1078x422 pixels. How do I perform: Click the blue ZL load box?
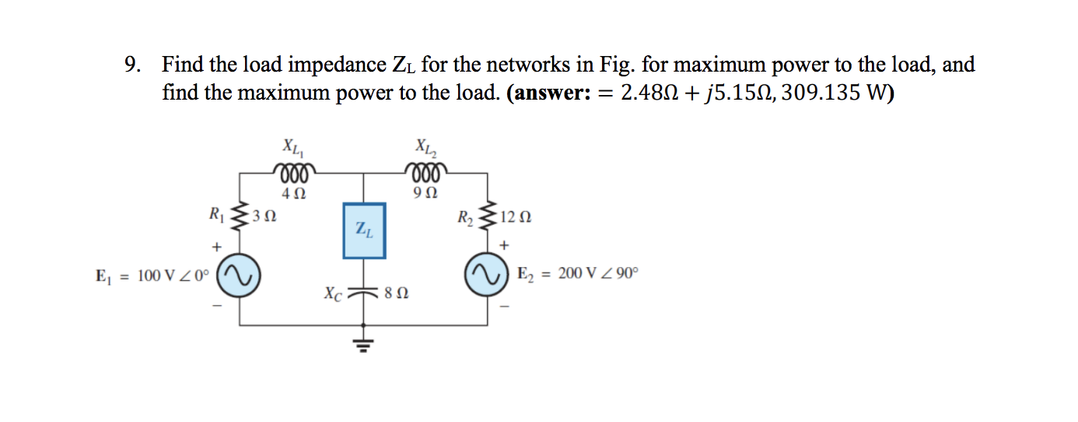coord(364,230)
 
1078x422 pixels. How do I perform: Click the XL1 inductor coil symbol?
coord(292,171)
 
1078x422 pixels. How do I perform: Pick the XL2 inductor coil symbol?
coord(425,171)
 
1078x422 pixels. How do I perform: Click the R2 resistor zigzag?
coord(489,215)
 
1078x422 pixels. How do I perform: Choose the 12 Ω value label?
coord(516,217)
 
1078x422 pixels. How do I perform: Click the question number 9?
coord(134,65)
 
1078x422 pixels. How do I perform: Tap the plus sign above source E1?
coord(219,247)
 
